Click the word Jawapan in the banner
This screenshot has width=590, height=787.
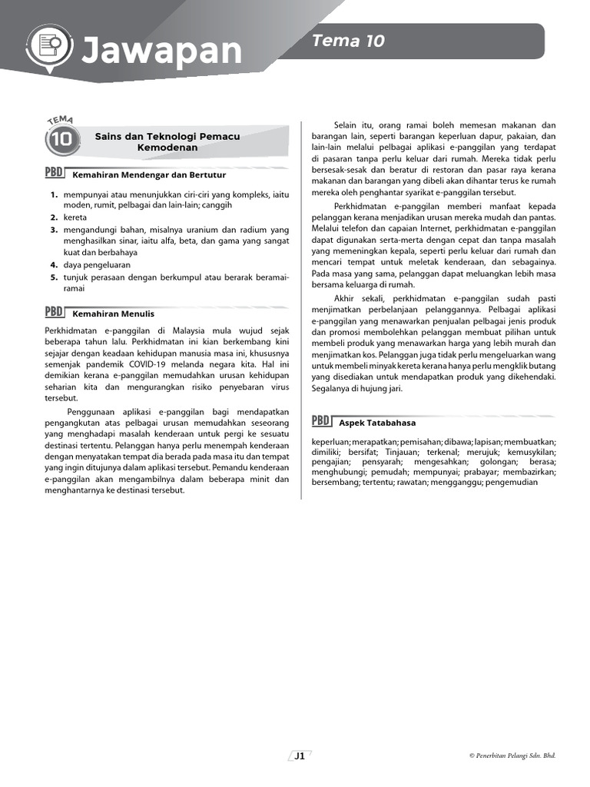(161, 51)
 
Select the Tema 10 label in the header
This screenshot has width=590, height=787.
(348, 42)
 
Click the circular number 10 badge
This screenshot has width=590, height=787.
(61, 141)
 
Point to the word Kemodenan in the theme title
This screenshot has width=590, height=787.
(167, 147)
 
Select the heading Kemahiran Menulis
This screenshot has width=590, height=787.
(113, 314)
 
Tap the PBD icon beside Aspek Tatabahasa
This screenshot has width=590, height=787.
(321, 421)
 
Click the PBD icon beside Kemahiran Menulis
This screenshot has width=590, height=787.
(54, 311)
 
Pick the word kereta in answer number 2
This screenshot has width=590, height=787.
(75, 218)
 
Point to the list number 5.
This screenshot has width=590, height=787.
(54, 277)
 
